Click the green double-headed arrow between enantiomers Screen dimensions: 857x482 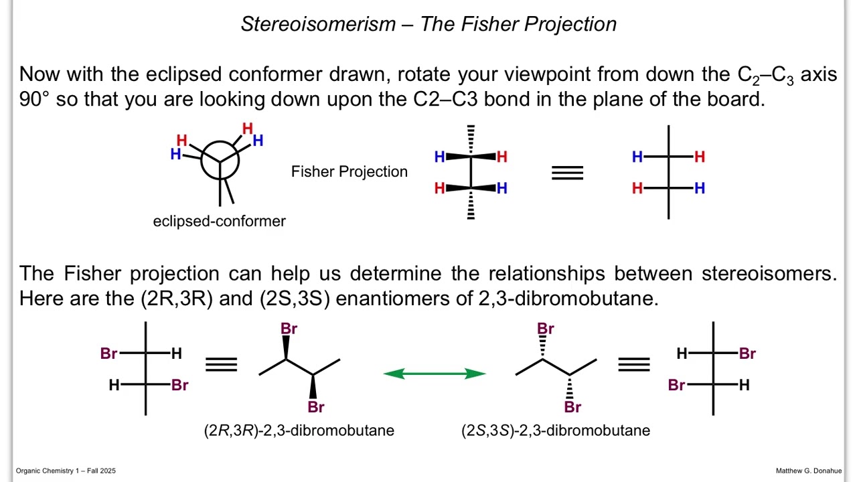[435, 374]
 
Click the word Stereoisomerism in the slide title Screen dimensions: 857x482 [318, 24]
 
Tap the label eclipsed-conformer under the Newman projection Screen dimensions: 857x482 [219, 222]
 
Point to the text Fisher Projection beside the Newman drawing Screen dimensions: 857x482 [349, 172]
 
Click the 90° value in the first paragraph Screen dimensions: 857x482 [34, 99]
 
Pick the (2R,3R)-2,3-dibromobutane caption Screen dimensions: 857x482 [299, 430]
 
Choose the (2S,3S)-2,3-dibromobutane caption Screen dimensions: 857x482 [556, 430]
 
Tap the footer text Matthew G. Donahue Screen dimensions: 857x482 [808, 471]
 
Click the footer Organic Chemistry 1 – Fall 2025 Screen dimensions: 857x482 [66, 471]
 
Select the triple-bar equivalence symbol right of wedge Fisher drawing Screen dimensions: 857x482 [567, 173]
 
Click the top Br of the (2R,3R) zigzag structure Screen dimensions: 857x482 [289, 329]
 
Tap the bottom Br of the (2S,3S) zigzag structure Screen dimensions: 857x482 [572, 407]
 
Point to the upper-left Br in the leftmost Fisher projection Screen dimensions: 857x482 [108, 353]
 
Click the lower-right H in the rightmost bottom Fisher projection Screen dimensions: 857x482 [744, 385]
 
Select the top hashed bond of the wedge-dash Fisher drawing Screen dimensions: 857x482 [471, 140]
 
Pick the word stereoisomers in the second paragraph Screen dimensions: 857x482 [769, 274]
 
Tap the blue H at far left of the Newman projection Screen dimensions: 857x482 [175, 154]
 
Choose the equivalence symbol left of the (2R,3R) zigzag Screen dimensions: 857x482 [221, 365]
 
